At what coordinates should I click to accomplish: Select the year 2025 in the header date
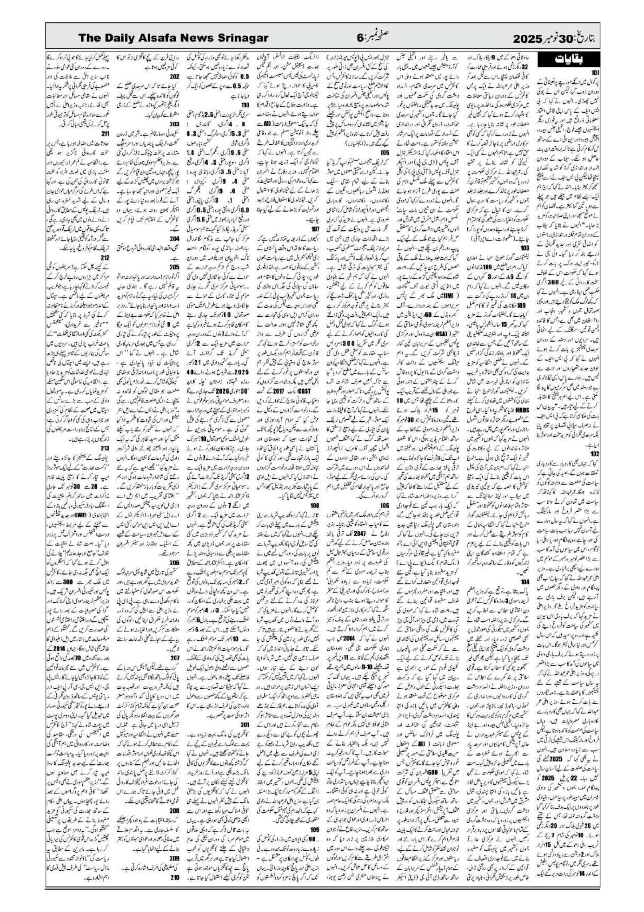528,39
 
